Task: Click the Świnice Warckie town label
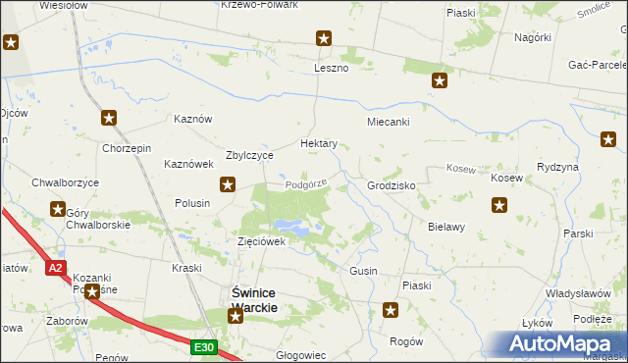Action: (254, 299)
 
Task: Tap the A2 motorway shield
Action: (56, 268)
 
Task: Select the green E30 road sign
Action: (203, 346)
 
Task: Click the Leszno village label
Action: (331, 68)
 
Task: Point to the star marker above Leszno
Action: (324, 39)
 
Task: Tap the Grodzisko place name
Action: (392, 185)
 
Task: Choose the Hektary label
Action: (319, 143)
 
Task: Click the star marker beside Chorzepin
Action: (109, 118)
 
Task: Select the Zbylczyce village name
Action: (250, 155)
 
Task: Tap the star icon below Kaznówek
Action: (228, 182)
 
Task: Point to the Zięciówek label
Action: (261, 241)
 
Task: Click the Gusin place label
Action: (363, 270)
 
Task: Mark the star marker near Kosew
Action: (499, 206)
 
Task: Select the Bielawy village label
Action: (445, 227)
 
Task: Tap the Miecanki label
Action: (388, 123)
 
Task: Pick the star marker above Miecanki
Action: (441, 81)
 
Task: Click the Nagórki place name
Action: (533, 37)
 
